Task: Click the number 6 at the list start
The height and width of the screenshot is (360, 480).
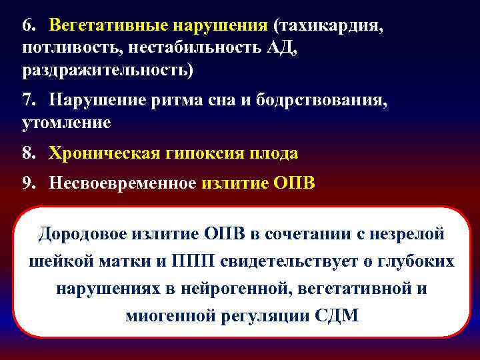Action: [x=27, y=25]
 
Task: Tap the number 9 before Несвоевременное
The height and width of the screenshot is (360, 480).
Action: [x=27, y=183]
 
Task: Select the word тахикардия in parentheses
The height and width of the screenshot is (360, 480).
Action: [x=326, y=25]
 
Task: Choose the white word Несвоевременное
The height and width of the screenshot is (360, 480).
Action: [x=123, y=183]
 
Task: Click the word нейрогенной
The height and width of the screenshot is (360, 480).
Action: [x=230, y=289]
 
